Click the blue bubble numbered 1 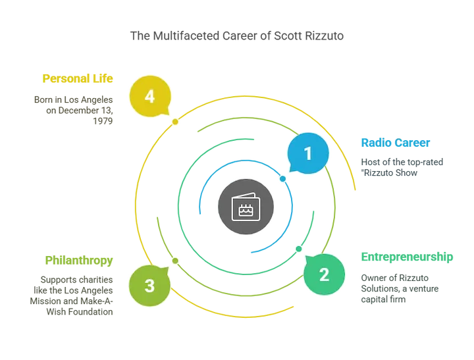307,154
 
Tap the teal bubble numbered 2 324,274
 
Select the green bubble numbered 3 149,286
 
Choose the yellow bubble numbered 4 149,97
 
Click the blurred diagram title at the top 237,35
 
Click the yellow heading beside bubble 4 79,78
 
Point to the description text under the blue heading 402,167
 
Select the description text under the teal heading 400,288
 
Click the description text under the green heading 72,294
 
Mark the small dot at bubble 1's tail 283,178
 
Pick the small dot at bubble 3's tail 174,261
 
